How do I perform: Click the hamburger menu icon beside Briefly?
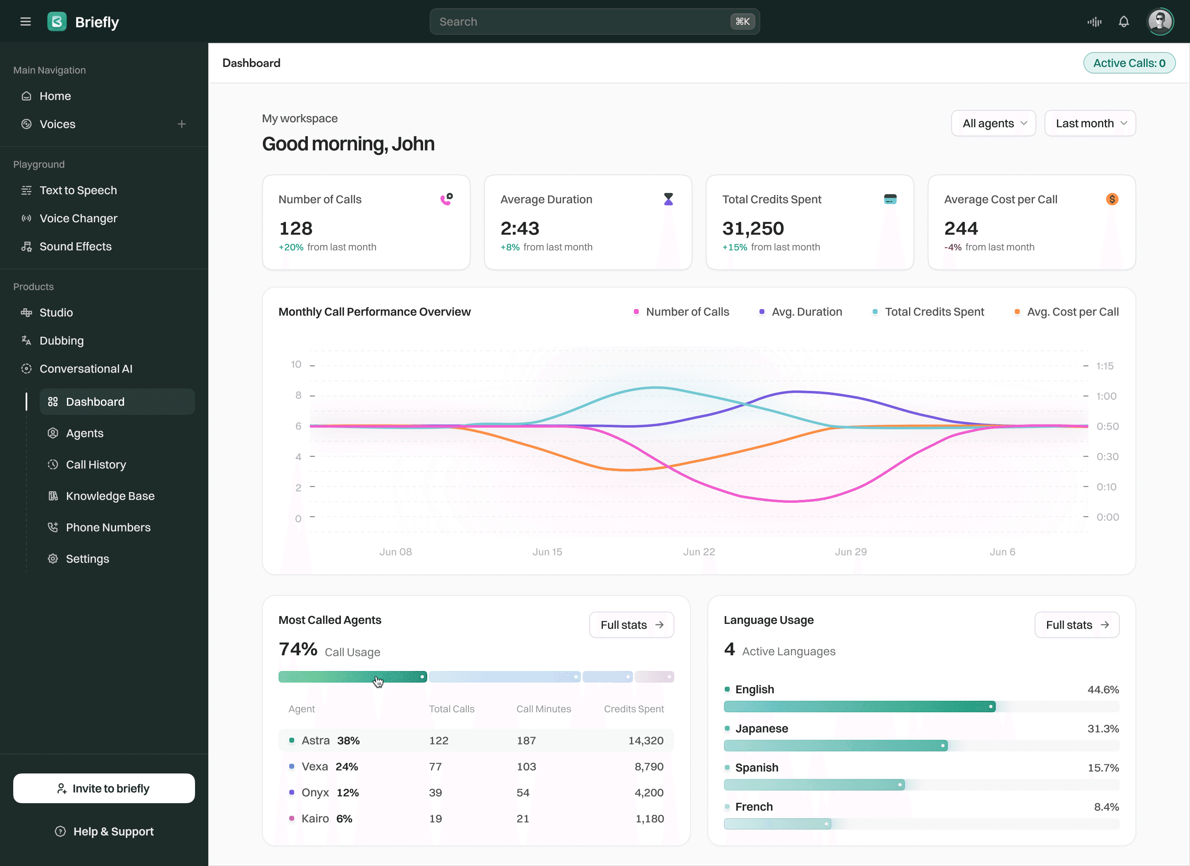[x=25, y=21]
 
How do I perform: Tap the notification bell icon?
[x=1123, y=21]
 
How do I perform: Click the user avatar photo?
[x=1160, y=21]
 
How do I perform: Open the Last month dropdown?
[x=1090, y=123]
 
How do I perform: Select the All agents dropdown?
[x=993, y=123]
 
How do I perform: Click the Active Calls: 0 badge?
[x=1128, y=63]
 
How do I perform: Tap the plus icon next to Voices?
[x=181, y=124]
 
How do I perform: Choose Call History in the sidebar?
[x=96, y=465]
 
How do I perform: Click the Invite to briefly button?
[x=104, y=788]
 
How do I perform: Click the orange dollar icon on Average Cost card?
[x=1112, y=199]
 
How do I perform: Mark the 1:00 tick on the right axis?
[x=1106, y=396]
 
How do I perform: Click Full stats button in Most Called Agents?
[x=631, y=625]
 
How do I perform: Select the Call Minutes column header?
[x=544, y=709]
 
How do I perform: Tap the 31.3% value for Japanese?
[x=1103, y=728]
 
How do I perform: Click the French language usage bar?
[x=776, y=824]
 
